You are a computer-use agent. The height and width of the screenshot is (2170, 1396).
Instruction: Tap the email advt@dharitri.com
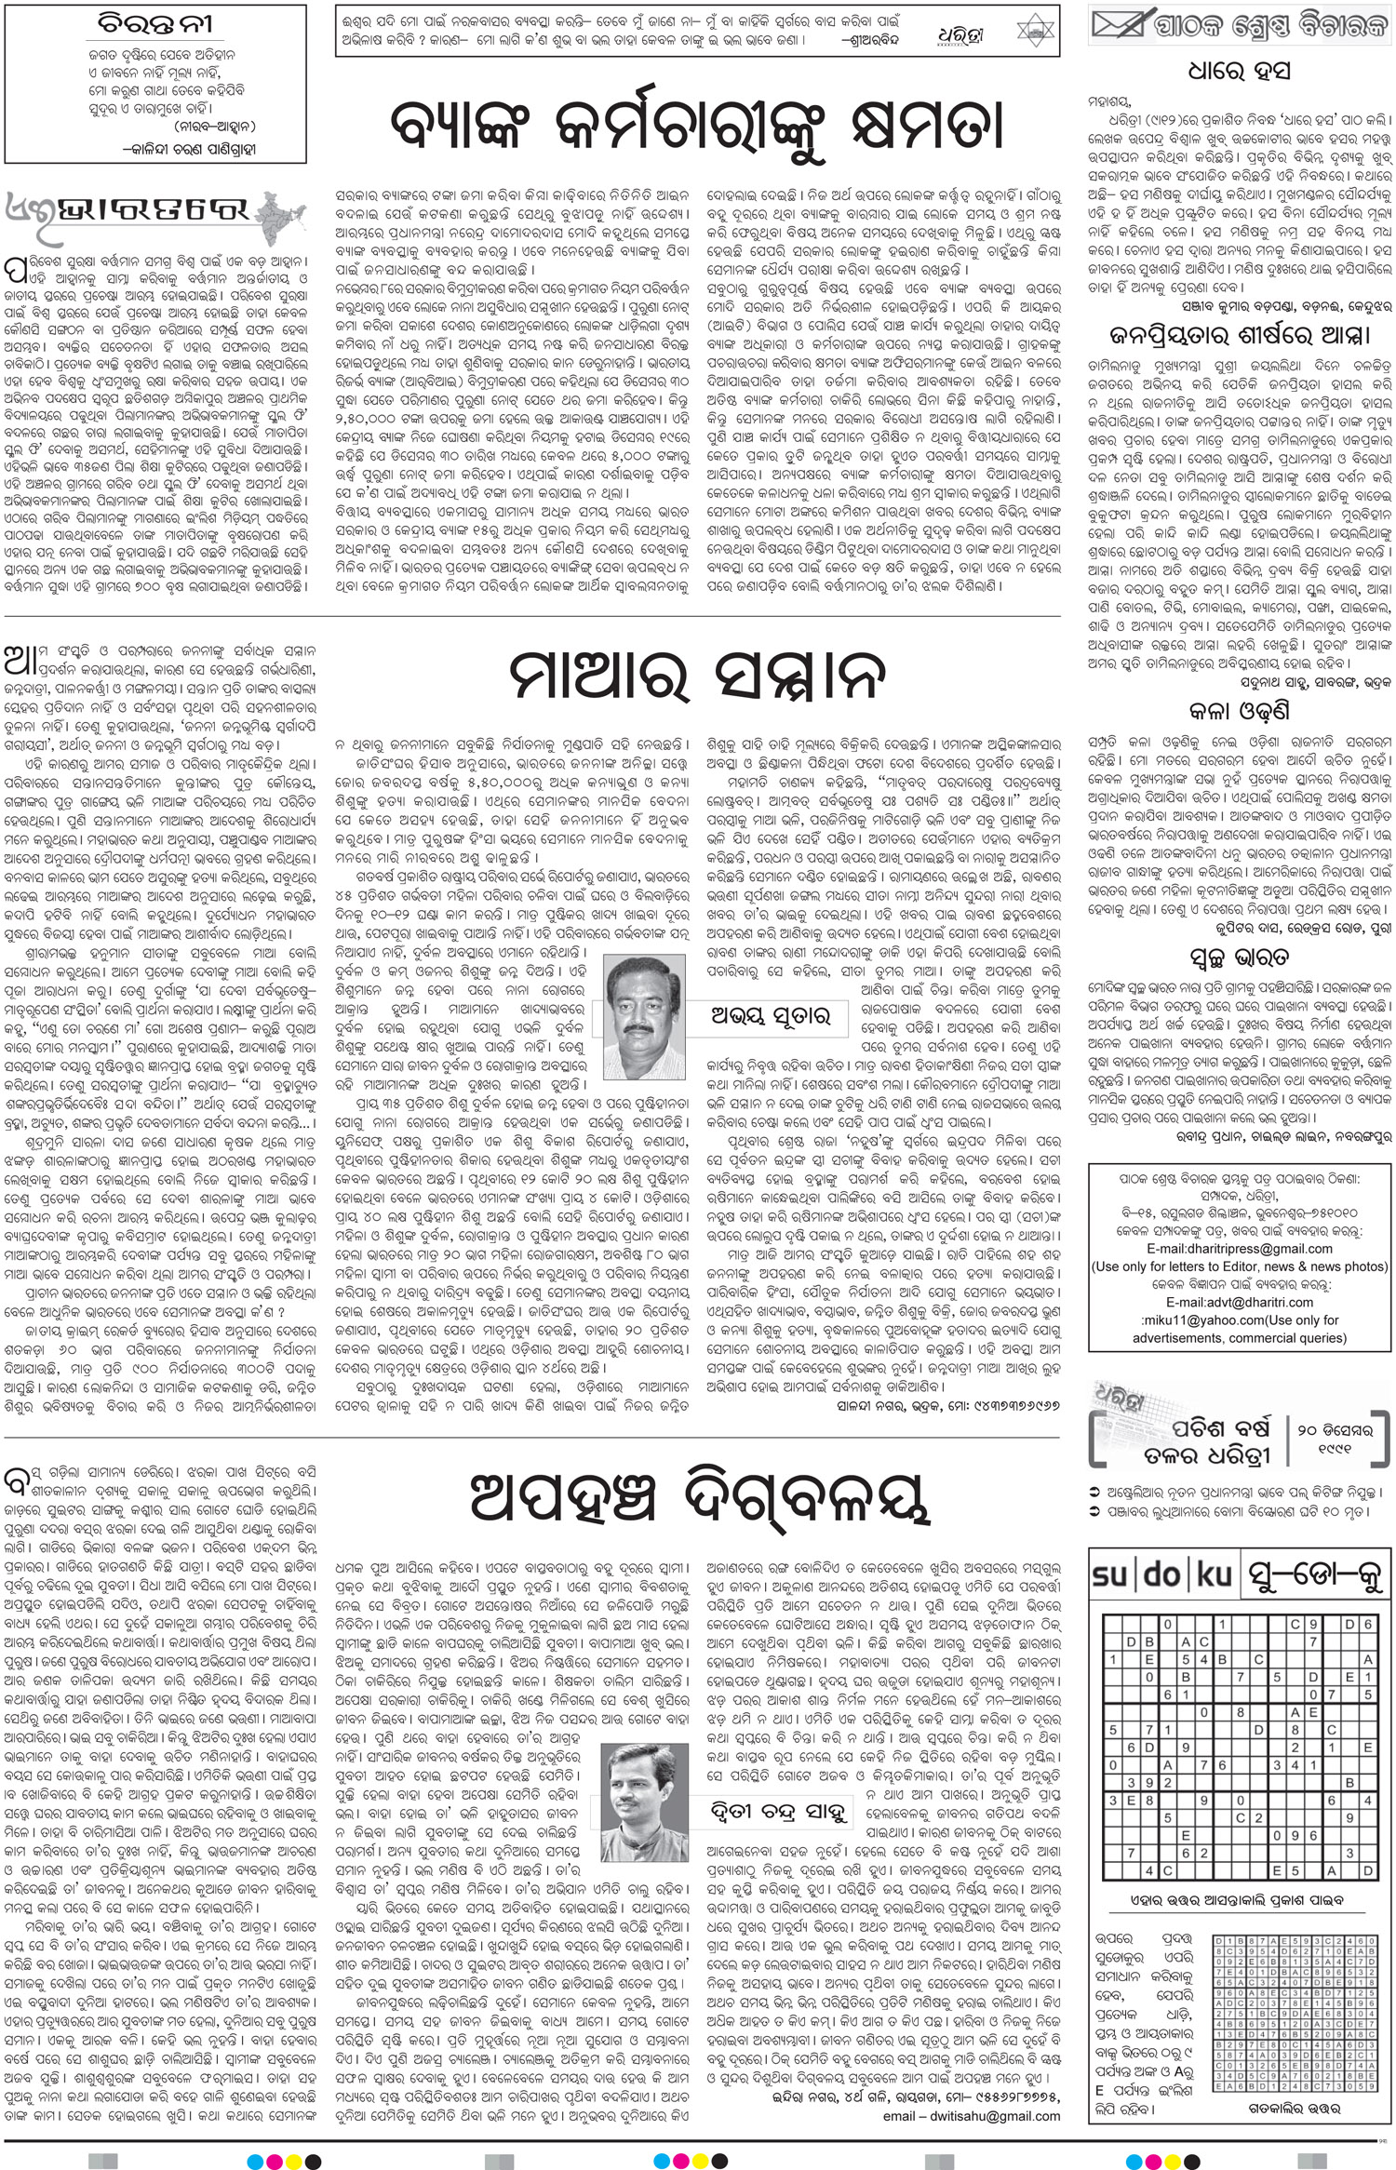pyautogui.click(x=1238, y=1302)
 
